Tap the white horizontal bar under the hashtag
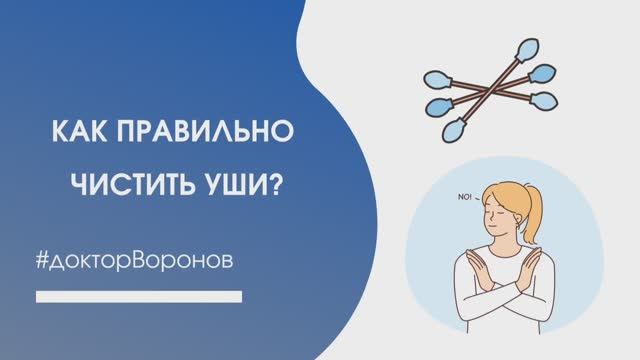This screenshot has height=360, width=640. (x=139, y=295)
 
